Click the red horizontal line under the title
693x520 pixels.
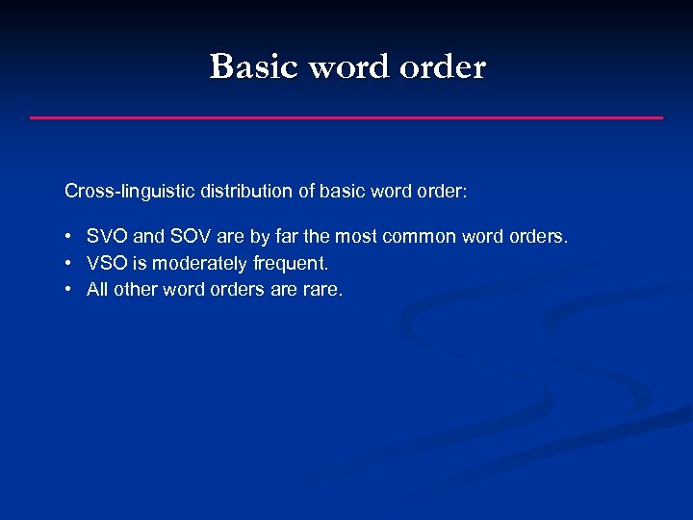pyautogui.click(x=346, y=117)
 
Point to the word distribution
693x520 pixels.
pyautogui.click(x=244, y=191)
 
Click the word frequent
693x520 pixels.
pyautogui.click(x=290, y=263)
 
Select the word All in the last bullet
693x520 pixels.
pyautogui.click(x=97, y=290)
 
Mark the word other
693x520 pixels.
pyautogui.click(x=135, y=290)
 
